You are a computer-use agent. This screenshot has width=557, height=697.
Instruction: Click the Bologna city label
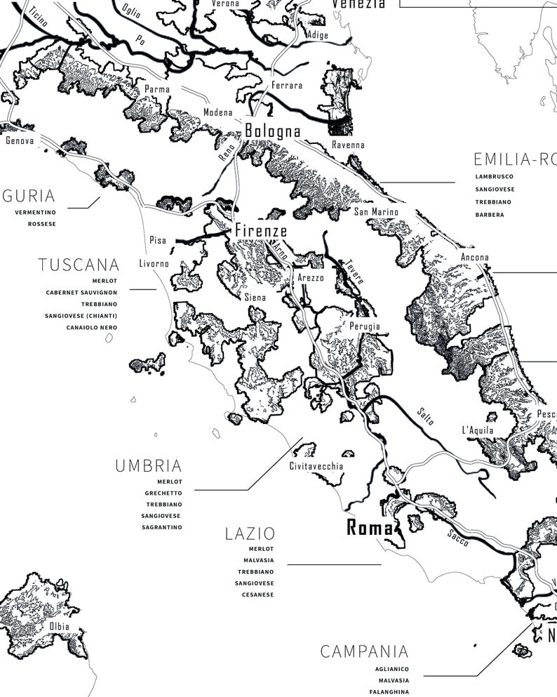(x=272, y=131)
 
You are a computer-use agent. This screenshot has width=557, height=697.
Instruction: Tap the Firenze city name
(x=260, y=230)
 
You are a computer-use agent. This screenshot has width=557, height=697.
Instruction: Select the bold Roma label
(x=370, y=529)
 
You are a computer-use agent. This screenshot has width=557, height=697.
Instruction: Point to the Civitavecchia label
(x=316, y=466)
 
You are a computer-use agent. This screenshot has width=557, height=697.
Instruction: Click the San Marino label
(x=375, y=212)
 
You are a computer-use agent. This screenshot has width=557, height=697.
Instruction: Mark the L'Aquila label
(x=478, y=430)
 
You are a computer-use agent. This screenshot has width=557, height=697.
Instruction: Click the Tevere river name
(x=353, y=272)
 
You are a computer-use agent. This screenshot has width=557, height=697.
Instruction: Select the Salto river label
(x=425, y=416)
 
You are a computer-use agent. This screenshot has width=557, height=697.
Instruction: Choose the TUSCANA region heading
(x=79, y=265)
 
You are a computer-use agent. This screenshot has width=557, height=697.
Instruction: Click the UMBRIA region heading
(x=148, y=466)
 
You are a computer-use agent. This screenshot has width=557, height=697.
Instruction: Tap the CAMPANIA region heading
(x=364, y=652)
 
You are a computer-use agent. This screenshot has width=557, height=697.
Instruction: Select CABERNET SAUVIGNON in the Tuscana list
(x=81, y=292)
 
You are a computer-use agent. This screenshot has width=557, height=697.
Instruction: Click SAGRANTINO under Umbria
(x=161, y=527)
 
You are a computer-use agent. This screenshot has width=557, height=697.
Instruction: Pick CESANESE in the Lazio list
(x=257, y=595)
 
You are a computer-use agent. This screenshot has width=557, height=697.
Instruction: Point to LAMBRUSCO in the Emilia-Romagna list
(x=494, y=177)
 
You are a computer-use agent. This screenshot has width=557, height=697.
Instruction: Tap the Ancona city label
(x=474, y=258)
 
